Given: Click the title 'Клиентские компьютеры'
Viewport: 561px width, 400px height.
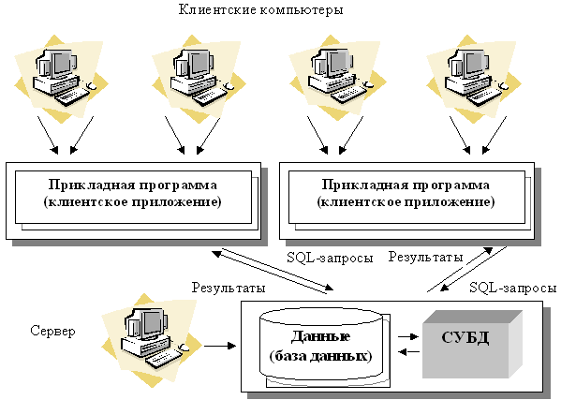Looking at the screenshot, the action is coord(260,9).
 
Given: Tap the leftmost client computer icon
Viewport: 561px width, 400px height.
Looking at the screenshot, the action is coord(61,76).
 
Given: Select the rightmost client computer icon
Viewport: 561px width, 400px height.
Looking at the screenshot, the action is coord(474,76).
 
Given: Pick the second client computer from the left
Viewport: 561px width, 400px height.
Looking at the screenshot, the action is coord(199,76).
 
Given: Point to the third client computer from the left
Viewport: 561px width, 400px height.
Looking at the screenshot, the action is coord(337,76).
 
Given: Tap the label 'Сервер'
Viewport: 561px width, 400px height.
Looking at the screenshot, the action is coord(52,331).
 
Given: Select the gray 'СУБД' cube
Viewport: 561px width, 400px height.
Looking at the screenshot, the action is coord(472,344).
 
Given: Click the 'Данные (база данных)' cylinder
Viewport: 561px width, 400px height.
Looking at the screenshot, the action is coord(321,346).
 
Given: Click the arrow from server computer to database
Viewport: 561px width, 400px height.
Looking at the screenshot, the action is coord(220,346).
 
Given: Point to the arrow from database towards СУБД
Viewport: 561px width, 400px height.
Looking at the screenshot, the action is coord(407,336).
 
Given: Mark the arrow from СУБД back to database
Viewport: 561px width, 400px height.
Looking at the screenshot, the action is coord(408,352).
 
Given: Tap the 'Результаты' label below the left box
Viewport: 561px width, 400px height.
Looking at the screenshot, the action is coord(229,288).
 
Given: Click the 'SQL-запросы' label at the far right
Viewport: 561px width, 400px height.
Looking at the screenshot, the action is coord(513,288).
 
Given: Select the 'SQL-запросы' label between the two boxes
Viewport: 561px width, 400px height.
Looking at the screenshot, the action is coord(330,258).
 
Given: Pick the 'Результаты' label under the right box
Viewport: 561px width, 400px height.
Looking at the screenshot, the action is coord(426,257).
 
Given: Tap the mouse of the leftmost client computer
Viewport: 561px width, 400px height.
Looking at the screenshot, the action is coord(92,86).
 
